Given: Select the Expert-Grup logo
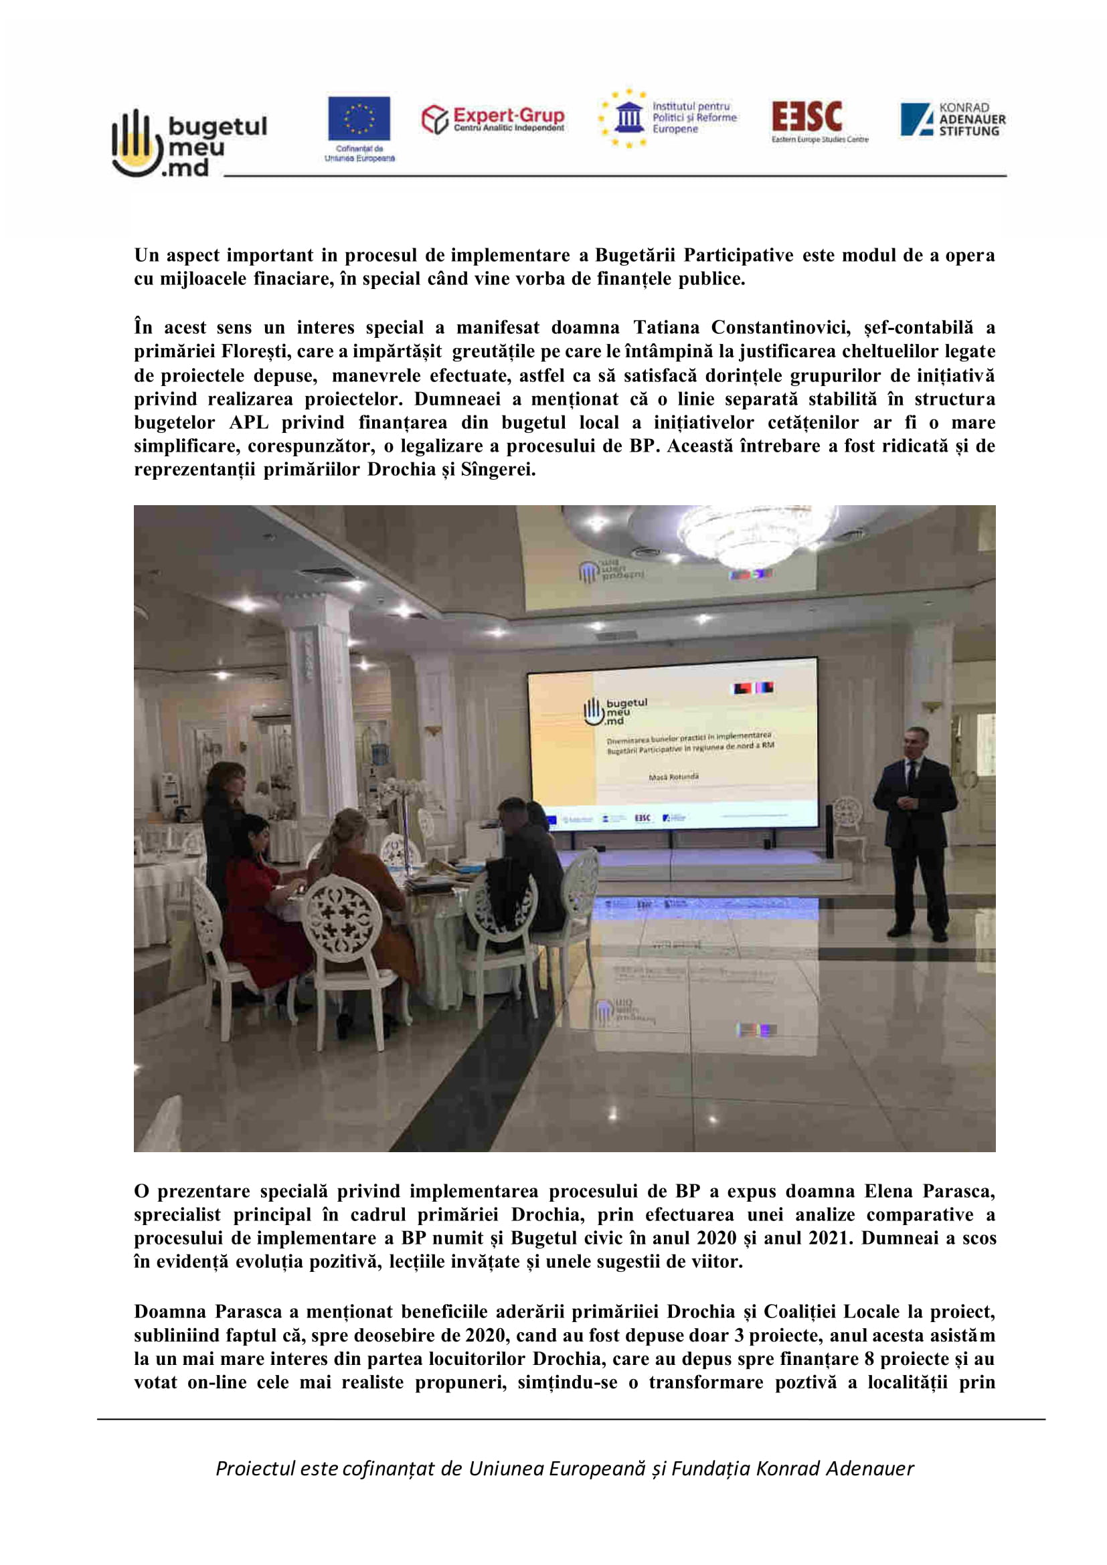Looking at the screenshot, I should coord(493,118).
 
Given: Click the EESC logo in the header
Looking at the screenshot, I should coord(818,120).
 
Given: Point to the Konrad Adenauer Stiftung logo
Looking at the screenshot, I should coord(952,119).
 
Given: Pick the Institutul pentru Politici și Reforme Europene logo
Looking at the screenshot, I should coord(668,118).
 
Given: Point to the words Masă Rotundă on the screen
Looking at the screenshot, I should coord(673,776).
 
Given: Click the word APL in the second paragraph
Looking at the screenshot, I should coord(249,423).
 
